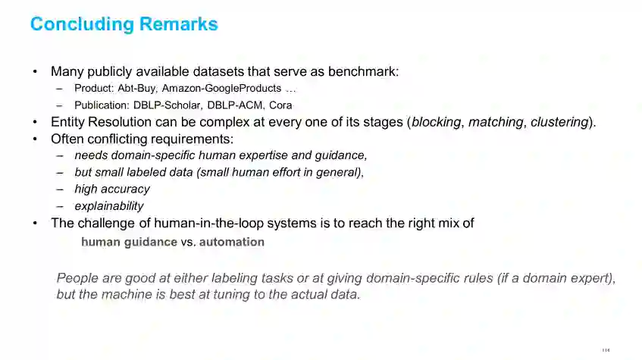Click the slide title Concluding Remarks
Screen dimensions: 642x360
[124, 24]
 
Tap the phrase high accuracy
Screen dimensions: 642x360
[111, 189]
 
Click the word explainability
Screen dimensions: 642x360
[108, 206]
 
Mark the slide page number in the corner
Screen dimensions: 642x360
[605, 350]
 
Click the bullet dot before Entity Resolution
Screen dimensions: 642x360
[34, 122]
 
